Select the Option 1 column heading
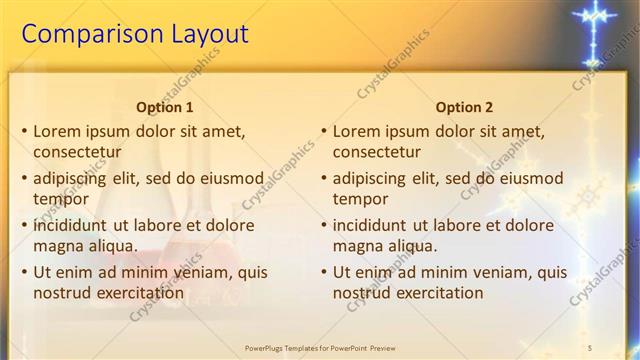(165, 107)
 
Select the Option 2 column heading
(465, 107)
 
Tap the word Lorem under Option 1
(58, 131)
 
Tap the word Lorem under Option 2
(357, 131)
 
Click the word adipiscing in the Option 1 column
(74, 178)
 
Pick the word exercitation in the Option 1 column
(135, 293)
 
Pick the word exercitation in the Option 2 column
(435, 293)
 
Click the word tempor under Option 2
(360, 199)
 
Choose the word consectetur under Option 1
(78, 152)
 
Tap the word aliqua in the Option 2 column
(408, 246)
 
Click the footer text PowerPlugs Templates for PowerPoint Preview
(320, 347)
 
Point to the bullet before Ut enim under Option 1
(24, 272)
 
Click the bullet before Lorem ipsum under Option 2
(323, 131)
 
